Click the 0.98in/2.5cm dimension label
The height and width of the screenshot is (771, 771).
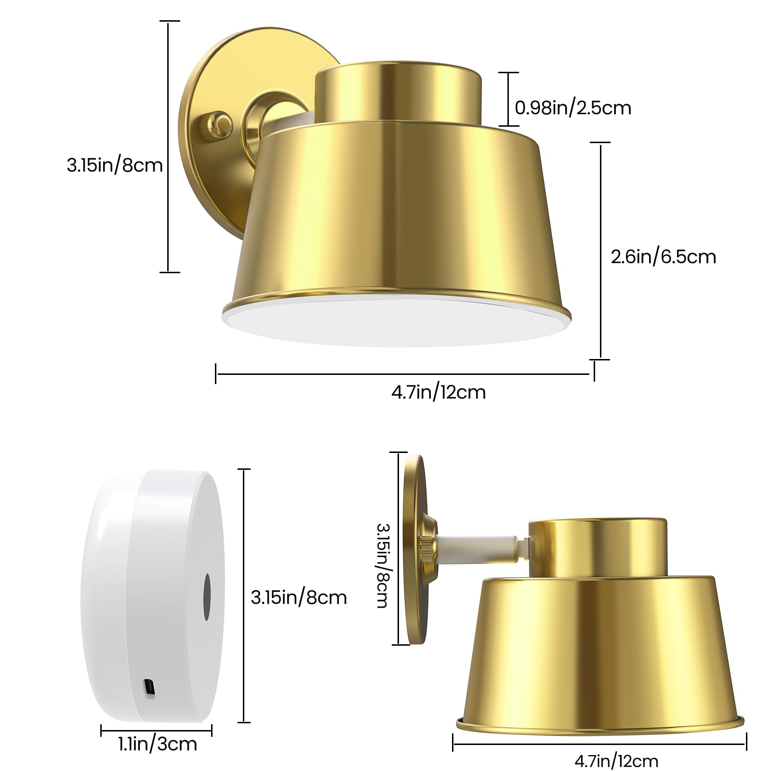(573, 107)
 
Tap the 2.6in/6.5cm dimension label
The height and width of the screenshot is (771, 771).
(663, 257)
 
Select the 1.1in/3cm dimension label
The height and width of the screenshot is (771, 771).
(158, 744)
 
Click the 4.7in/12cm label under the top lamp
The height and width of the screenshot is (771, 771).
(438, 392)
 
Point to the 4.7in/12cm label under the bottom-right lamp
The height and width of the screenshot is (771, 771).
(616, 761)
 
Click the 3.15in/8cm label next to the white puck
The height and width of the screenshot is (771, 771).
(299, 598)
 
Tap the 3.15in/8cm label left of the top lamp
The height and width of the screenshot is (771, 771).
(115, 165)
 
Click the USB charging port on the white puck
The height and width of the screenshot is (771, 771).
(149, 687)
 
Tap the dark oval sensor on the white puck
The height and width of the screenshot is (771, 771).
(207, 597)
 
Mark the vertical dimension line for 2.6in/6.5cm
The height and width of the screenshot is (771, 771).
(600, 251)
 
